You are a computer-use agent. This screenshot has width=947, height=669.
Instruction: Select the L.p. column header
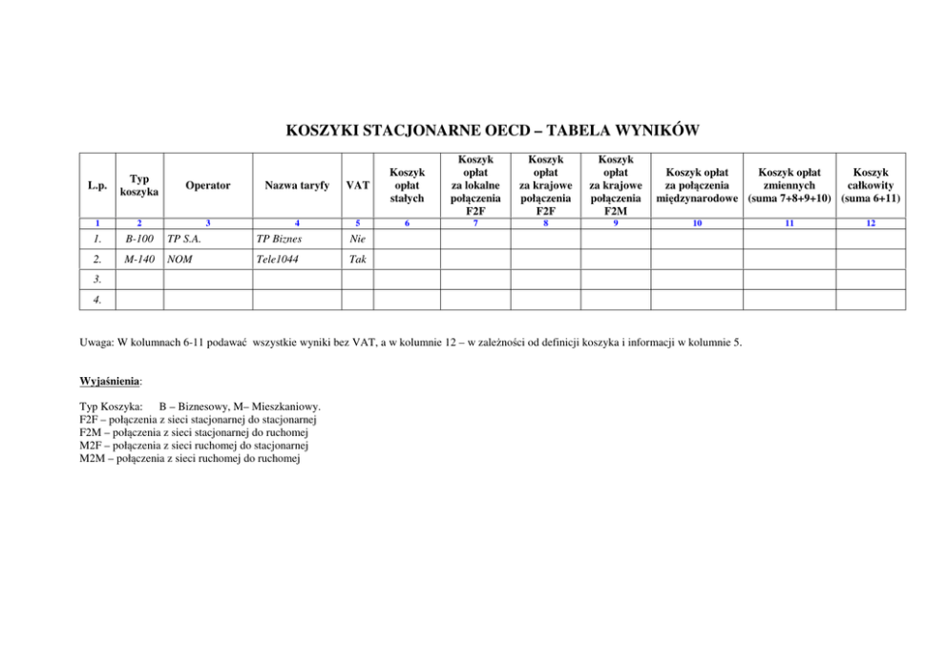pos(98,185)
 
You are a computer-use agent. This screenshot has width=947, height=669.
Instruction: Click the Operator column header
pos(208,185)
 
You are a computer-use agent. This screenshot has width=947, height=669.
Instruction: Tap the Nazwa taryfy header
pos(297,185)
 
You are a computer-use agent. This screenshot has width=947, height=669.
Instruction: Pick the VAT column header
pos(358,185)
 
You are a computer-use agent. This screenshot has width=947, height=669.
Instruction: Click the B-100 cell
pos(139,239)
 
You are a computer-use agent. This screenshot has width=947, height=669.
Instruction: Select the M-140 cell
pos(139,259)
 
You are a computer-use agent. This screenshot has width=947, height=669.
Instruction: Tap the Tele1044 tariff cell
pos(278,259)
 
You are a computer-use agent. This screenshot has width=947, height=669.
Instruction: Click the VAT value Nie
pos(358,239)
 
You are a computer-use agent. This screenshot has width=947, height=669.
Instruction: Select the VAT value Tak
pos(358,259)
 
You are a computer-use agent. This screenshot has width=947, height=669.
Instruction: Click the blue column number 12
pos(870,223)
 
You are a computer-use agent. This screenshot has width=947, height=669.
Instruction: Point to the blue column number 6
pos(407,223)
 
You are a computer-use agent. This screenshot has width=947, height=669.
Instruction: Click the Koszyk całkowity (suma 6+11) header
pos(870,185)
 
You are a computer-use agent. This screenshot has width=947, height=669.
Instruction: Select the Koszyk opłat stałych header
pos(407,185)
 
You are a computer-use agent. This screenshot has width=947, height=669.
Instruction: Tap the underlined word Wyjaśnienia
pos(111,381)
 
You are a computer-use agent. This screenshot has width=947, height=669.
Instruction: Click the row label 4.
pos(98,300)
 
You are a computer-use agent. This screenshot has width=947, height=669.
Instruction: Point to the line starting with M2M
pos(190,459)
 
